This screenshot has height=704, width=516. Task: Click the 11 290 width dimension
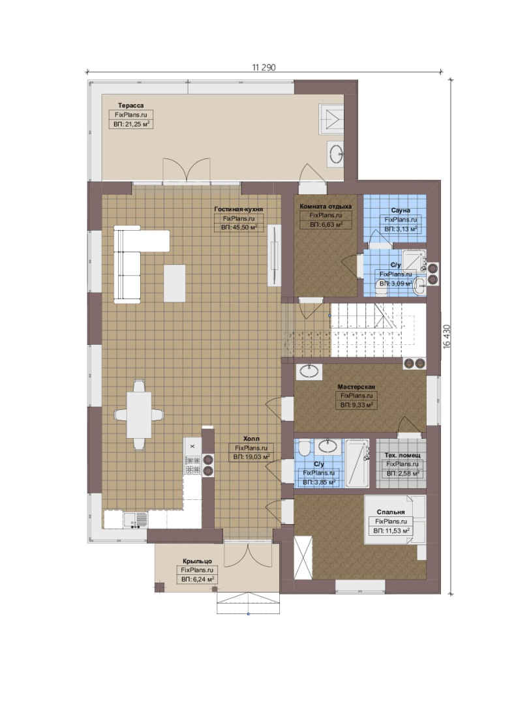tap(264, 67)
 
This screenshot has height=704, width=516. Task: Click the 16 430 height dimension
tap(446, 337)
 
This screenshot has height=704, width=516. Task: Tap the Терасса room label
tap(131, 106)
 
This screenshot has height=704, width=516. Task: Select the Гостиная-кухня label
tap(239, 209)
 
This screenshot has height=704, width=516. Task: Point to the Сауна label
tap(401, 210)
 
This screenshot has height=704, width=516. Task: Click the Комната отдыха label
tap(326, 207)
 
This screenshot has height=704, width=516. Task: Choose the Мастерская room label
tap(356, 387)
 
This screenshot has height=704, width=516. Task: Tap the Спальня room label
tap(391, 512)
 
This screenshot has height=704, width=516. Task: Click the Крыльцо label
tap(197, 561)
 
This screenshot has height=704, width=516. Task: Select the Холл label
tap(251, 439)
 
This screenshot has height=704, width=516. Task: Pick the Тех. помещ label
tap(402, 455)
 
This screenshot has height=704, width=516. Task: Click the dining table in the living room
tap(139, 415)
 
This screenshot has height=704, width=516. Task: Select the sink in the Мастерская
tap(309, 371)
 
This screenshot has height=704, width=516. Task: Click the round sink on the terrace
tap(336, 154)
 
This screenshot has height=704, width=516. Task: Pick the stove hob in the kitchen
tap(192, 465)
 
